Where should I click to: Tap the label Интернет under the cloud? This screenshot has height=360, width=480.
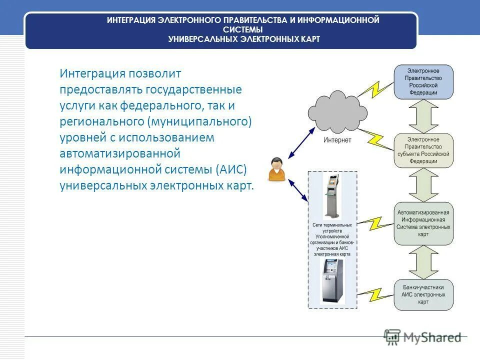click(337, 140)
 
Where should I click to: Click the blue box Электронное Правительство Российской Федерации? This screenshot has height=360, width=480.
click(423, 81)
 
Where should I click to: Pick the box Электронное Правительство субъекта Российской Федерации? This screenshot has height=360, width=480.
click(423, 150)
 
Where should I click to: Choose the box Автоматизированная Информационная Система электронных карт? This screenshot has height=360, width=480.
click(423, 223)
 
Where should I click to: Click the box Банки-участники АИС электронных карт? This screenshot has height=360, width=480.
click(423, 295)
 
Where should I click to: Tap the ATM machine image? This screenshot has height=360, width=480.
click(332, 280)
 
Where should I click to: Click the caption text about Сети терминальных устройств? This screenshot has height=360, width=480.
click(332, 239)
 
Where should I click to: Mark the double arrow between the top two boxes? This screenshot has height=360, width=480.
click(423, 116)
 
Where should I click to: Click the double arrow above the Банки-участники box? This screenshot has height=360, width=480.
click(423, 262)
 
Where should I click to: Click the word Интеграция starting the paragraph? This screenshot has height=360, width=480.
click(92, 73)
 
